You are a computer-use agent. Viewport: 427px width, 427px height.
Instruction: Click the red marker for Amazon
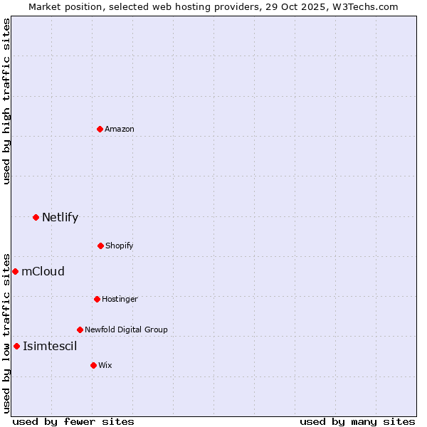coord(100,129)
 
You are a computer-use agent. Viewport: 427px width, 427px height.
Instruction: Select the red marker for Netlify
coord(36,217)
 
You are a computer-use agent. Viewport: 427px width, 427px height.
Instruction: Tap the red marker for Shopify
coord(100,246)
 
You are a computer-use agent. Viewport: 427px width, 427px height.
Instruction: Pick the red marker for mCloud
coord(15,271)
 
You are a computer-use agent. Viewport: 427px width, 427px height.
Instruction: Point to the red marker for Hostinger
coord(97,299)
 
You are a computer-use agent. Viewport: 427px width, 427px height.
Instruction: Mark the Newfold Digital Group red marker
coord(80,330)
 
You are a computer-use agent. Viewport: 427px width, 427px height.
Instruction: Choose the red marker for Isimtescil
coord(16,346)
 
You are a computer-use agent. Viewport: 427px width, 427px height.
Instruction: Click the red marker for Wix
coord(93,365)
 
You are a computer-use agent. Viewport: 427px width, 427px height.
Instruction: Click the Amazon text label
coord(120,129)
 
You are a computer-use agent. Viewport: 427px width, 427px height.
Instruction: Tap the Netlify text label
coord(60,217)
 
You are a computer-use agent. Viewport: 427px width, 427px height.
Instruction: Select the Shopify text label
coord(120,246)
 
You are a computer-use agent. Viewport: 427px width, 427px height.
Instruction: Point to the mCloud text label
coord(43,271)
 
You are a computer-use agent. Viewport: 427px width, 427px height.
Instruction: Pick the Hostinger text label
coord(120,299)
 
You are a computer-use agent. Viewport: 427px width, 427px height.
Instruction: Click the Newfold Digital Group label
coord(126,330)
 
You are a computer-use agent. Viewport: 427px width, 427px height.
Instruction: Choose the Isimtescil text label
coord(50,346)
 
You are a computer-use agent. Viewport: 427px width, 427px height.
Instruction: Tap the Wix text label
coord(105,365)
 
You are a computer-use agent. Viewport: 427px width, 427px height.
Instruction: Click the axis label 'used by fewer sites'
coord(73,421)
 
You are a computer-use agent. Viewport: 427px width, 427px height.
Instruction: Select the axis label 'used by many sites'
coord(357,421)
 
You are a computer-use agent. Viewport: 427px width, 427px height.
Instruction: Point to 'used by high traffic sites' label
coord(6,101)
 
